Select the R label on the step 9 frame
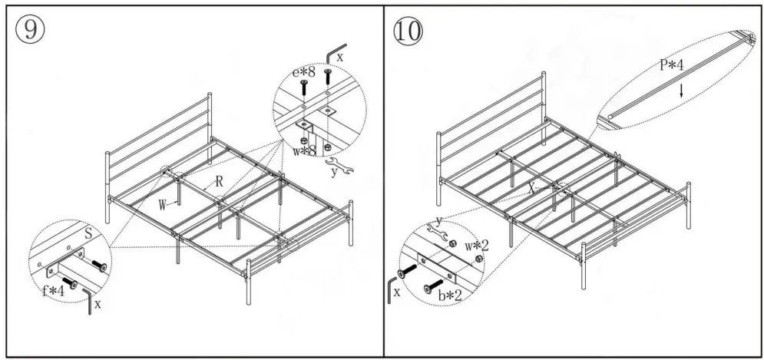(219, 183)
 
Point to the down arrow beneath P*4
(681, 89)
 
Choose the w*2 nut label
(476, 246)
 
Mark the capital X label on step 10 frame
(531, 186)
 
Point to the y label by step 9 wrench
(334, 175)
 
